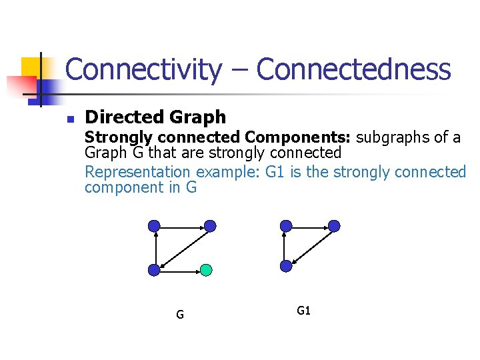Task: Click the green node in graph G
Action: coord(207,270)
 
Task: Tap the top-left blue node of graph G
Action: coord(154,226)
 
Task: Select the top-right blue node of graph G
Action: coord(210,226)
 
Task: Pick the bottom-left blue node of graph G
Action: coord(154,270)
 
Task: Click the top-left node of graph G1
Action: coord(286,226)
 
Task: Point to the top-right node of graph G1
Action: coord(335,226)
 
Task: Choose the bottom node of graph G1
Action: coord(286,266)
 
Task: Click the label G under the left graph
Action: coord(180,315)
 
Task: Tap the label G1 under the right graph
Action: coord(303,311)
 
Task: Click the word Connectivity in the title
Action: coord(143,69)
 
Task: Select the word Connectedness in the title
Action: coord(353,69)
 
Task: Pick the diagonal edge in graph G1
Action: coord(310,246)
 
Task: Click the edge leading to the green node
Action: coord(180,270)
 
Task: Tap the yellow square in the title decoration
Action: coord(30,67)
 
